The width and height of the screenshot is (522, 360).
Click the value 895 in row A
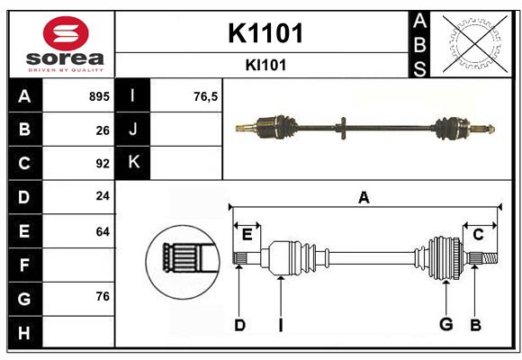click(x=99, y=95)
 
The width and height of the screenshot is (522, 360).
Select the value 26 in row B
click(x=103, y=130)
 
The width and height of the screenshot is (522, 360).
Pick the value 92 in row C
click(x=103, y=164)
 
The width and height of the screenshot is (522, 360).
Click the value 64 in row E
click(x=103, y=231)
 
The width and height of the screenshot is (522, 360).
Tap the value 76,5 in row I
click(x=206, y=95)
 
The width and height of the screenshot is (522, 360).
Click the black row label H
click(x=24, y=333)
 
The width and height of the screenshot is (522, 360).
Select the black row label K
click(x=134, y=163)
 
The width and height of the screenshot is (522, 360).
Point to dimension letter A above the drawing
click(x=364, y=198)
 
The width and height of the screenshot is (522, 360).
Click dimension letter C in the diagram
click(x=479, y=234)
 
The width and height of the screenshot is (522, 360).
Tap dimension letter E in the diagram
click(x=247, y=234)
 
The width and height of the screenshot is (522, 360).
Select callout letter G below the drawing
click(x=445, y=324)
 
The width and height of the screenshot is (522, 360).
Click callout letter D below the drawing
click(x=239, y=324)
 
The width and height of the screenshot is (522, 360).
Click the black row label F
click(x=24, y=265)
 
